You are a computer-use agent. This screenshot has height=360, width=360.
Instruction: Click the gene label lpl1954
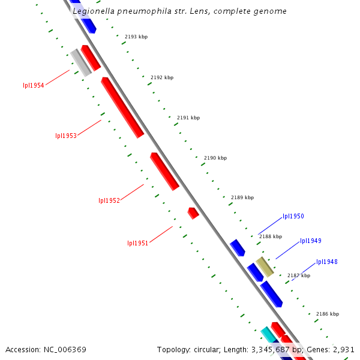click(34, 85)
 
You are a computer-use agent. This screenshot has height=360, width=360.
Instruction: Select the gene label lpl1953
click(66, 136)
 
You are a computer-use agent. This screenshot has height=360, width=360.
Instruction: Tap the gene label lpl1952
click(109, 200)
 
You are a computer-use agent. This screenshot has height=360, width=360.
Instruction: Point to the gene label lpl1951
click(137, 243)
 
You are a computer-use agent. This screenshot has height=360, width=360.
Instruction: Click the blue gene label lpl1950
click(293, 216)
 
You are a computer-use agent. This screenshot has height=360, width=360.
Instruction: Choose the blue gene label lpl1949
click(311, 241)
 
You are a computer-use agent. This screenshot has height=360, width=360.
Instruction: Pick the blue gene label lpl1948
click(327, 262)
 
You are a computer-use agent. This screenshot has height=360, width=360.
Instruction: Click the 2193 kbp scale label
click(136, 37)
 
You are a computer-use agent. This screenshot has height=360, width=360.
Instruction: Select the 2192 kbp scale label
click(162, 77)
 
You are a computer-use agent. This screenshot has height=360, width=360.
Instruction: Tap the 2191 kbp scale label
click(188, 118)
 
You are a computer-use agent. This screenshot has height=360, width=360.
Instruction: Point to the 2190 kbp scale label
click(215, 158)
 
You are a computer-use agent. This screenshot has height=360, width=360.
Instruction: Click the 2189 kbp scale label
click(242, 197)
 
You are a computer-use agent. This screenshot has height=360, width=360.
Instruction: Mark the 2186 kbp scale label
click(328, 314)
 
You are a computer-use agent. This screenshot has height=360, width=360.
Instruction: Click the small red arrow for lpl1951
click(193, 213)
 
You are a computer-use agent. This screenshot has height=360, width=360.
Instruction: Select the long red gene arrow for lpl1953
click(122, 107)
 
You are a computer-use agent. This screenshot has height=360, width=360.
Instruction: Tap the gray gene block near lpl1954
click(80, 62)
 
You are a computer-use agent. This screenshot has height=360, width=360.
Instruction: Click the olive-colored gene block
click(265, 266)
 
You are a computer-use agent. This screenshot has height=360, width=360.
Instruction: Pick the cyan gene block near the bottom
click(268, 335)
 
